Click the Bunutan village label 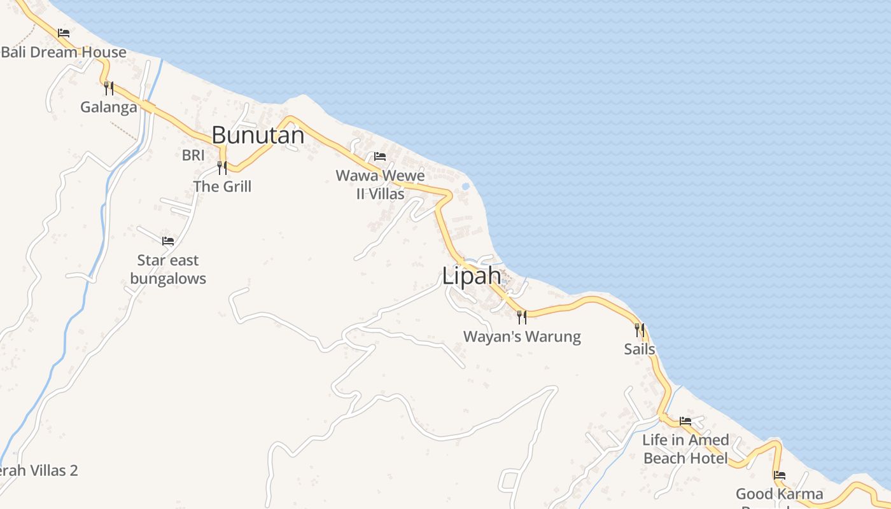pyautogui.click(x=258, y=135)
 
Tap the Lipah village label pyautogui.click(x=472, y=276)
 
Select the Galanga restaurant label pyautogui.click(x=109, y=107)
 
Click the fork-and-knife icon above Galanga pyautogui.click(x=109, y=88)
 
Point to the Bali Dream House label pyautogui.click(x=64, y=52)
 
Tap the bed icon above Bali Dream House pyautogui.click(x=64, y=33)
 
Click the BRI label pyautogui.click(x=193, y=155)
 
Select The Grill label pyautogui.click(x=223, y=186)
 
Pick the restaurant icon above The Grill pyautogui.click(x=222, y=168)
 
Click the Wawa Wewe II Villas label pyautogui.click(x=381, y=185)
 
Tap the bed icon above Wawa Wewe pyautogui.click(x=380, y=157)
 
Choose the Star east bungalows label pyautogui.click(x=168, y=269)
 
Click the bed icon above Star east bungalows pyautogui.click(x=168, y=241)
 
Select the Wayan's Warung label pyautogui.click(x=522, y=337)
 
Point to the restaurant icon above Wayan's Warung pyautogui.click(x=522, y=317)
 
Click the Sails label pyautogui.click(x=640, y=349)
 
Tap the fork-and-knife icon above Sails pyautogui.click(x=640, y=330)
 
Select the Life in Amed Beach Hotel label pyautogui.click(x=685, y=449)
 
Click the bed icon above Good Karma pyautogui.click(x=780, y=475)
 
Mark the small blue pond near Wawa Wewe pyautogui.click(x=466, y=186)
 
